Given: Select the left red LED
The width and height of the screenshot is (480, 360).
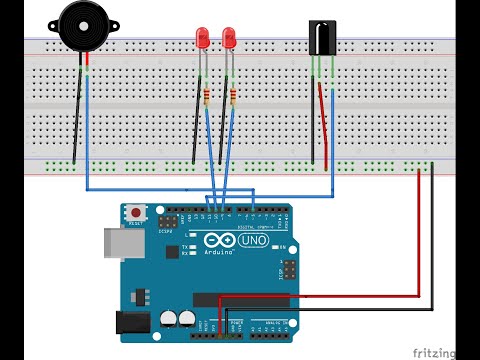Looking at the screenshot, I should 203,39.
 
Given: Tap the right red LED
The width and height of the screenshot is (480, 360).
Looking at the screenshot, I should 229,39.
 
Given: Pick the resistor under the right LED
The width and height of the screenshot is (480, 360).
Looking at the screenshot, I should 233,97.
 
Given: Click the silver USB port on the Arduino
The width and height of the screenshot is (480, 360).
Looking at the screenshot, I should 118,246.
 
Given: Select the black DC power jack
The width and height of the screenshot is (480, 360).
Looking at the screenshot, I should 133,322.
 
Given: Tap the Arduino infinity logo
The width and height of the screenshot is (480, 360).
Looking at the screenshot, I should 216,241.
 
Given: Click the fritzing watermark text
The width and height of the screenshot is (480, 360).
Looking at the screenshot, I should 436,352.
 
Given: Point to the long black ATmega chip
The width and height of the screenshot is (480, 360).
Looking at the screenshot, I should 244,299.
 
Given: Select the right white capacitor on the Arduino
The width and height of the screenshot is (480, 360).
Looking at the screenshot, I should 186,319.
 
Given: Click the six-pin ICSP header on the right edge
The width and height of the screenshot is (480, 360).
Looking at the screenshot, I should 287,270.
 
